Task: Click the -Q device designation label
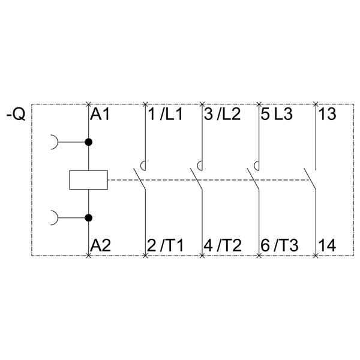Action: pos(16,113)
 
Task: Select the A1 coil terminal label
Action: pos(100,114)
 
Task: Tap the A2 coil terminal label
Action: pos(100,245)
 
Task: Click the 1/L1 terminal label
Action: pos(165,114)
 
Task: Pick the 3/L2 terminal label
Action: pos(222,114)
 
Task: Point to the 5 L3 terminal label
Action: pos(277,114)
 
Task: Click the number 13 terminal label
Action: pos(328,114)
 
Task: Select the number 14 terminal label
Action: pos(328,245)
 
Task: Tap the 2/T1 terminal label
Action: pos(166,245)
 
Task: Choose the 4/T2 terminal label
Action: pos(223,245)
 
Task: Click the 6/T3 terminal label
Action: pos(279,245)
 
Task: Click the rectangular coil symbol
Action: pos(89,180)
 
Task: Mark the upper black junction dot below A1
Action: pos(89,142)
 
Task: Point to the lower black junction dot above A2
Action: pos(89,217)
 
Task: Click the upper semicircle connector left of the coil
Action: pos(55,142)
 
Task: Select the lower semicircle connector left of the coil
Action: pos(55,217)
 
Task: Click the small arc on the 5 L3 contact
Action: pos(257,166)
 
